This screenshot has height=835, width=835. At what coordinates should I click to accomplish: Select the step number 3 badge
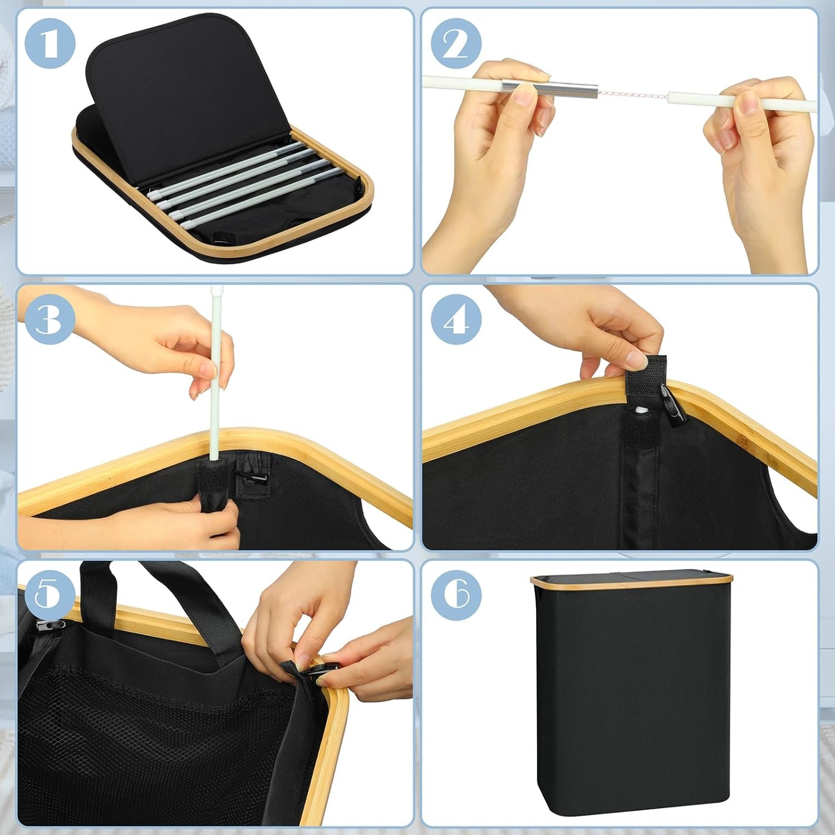(50, 320)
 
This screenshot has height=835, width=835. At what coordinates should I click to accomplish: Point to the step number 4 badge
(456, 320)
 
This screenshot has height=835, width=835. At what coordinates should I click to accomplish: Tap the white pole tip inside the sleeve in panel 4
(642, 412)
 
